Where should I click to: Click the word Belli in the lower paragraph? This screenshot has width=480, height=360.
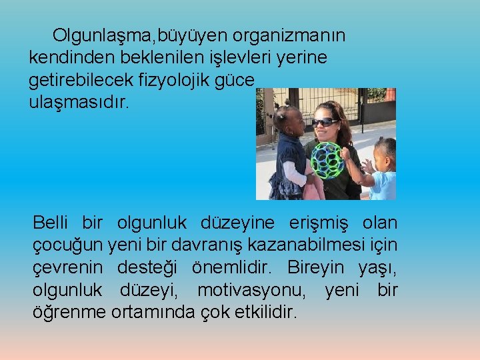(52, 223)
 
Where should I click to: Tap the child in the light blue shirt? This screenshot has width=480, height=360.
(381, 171)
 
